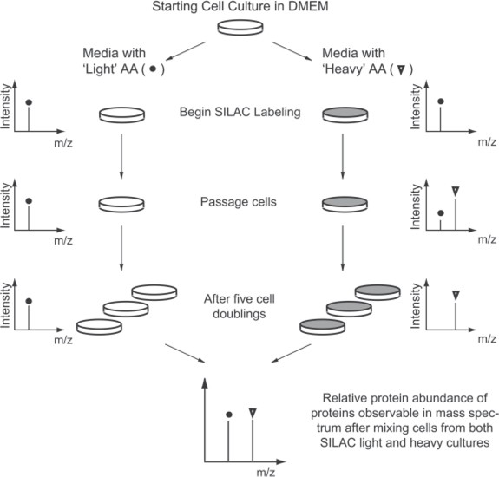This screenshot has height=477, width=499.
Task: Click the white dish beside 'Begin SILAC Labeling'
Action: tap(121, 114)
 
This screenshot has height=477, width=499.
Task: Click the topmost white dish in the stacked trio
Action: tap(154, 291)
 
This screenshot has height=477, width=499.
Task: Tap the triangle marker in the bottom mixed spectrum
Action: tap(253, 411)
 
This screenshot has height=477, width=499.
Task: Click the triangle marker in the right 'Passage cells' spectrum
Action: tap(455, 190)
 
